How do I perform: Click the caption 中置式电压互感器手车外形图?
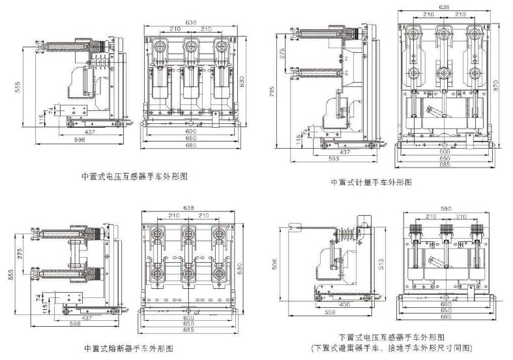[x=134, y=176]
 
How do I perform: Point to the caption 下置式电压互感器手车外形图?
[x=391, y=337]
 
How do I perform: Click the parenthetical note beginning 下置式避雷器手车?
[x=391, y=348]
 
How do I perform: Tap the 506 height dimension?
[x=274, y=265]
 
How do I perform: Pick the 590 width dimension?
[x=445, y=209]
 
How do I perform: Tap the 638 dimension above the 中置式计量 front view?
[x=444, y=8]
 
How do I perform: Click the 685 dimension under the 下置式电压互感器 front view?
[x=445, y=318]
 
